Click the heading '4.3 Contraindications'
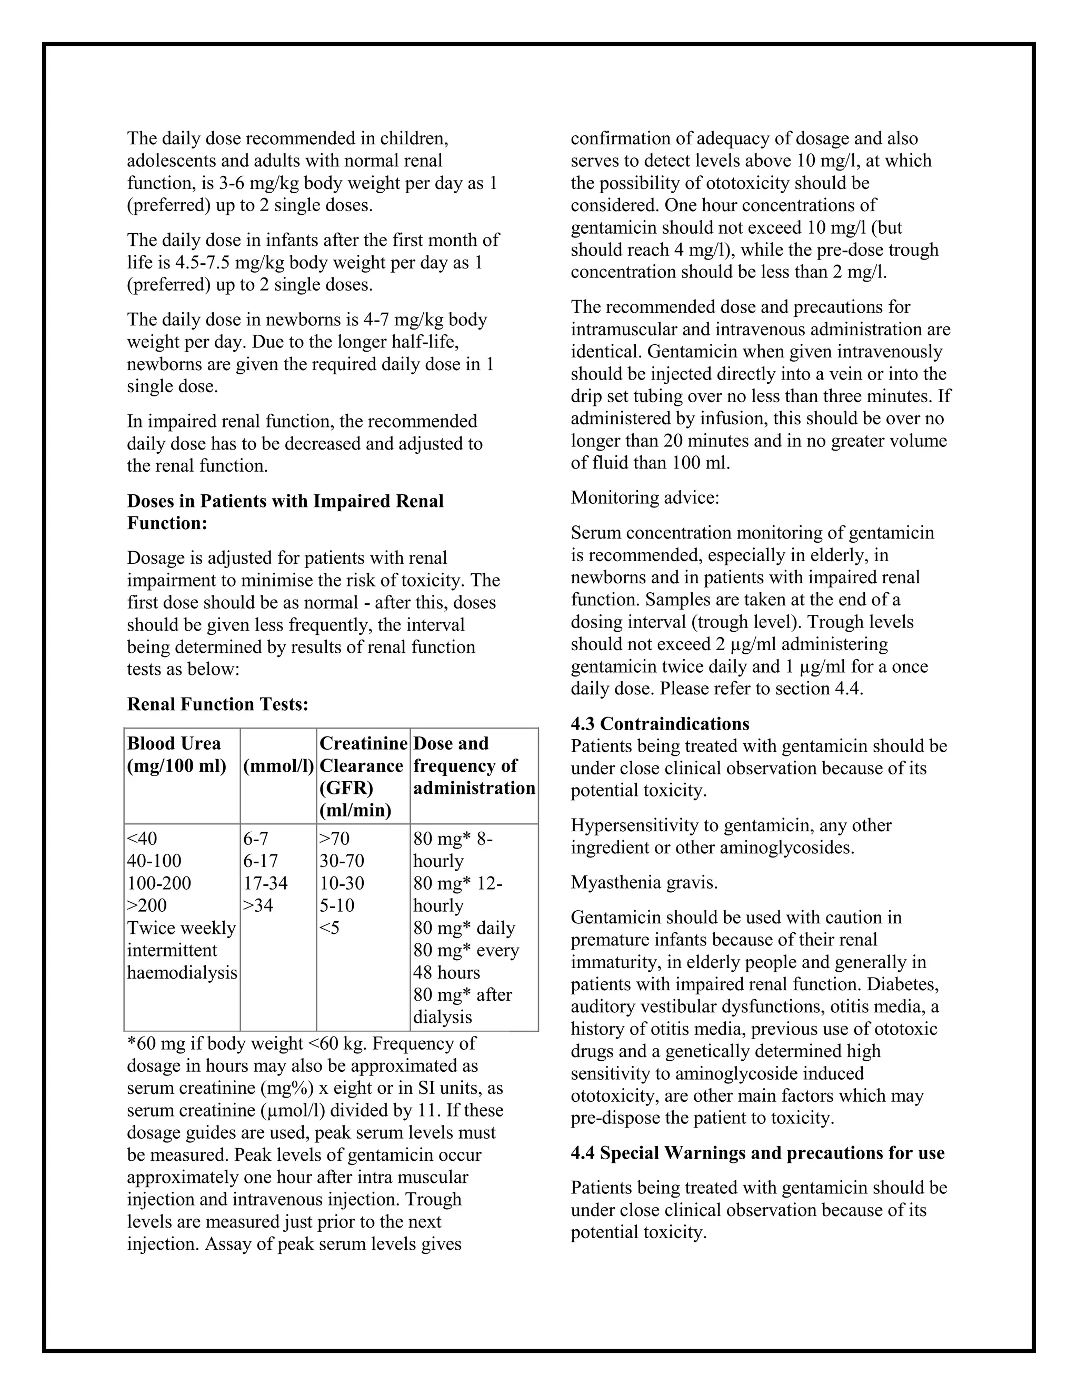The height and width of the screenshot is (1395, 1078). [660, 724]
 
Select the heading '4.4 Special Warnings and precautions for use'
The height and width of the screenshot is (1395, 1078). [757, 1153]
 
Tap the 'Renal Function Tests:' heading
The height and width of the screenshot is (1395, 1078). [218, 704]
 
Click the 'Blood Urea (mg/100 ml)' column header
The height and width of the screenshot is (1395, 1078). [177, 754]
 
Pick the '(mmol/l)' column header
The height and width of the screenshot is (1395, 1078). [278, 766]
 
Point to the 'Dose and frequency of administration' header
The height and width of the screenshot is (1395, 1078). [474, 765]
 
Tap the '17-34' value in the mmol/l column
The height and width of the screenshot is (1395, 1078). [265, 883]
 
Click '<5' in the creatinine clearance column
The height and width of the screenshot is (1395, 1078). [330, 928]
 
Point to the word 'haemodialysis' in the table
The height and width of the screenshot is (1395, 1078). [182, 972]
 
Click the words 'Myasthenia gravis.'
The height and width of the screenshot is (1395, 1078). [644, 882]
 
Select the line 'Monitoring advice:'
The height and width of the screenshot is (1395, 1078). [645, 497]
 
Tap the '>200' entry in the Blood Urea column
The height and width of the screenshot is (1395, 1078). [147, 905]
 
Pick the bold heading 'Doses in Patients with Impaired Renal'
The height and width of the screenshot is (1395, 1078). [285, 501]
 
